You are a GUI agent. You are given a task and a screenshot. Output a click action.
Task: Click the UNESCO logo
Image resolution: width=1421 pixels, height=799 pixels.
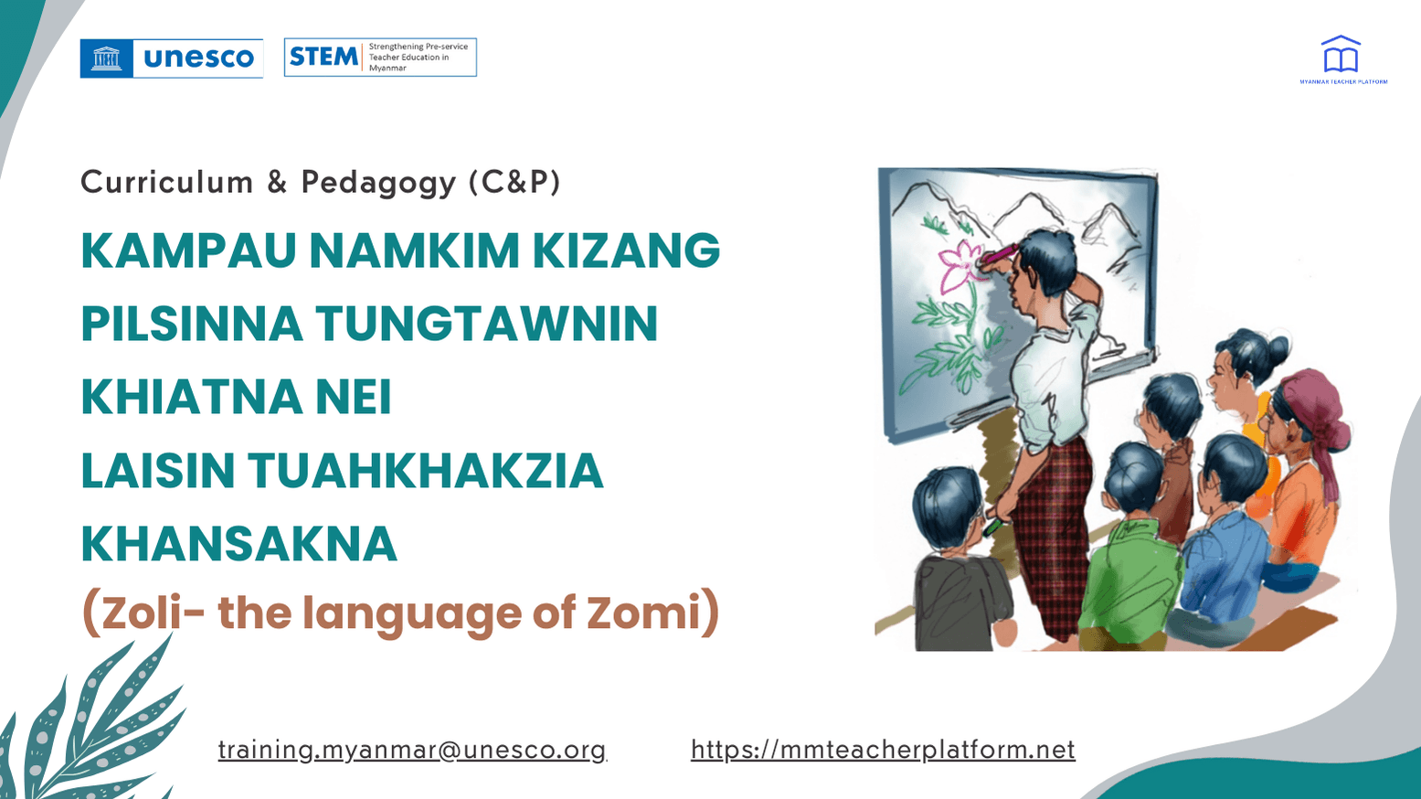pos(171,59)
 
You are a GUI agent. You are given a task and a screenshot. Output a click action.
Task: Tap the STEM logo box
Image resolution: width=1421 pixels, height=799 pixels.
pos(380,58)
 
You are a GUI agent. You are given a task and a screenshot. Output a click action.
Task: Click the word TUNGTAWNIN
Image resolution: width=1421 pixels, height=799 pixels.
pos(486,324)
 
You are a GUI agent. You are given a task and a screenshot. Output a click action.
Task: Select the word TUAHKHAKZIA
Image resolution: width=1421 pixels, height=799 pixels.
pos(425,470)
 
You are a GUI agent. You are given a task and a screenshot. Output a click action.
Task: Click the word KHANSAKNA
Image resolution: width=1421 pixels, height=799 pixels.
pos(239,543)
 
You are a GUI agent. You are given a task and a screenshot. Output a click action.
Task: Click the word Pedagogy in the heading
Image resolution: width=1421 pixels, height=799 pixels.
pos(378,182)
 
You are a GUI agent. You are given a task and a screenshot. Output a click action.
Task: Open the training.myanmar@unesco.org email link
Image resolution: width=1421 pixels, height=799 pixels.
pos(412,750)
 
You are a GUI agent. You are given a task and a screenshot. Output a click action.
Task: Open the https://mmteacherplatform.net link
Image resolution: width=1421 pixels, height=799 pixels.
pos(883,750)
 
